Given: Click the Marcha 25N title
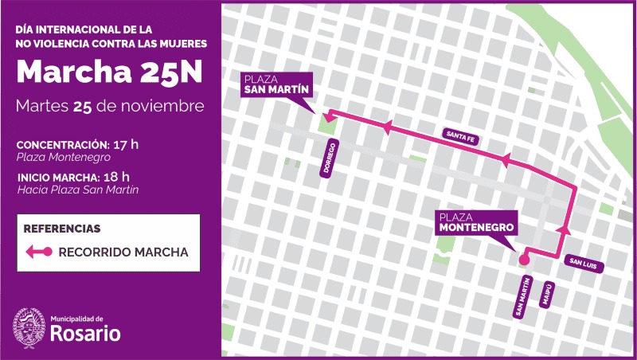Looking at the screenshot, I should (x=110, y=72).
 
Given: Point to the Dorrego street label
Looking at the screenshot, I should (x=327, y=159).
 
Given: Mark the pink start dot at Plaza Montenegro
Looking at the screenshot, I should (x=524, y=259).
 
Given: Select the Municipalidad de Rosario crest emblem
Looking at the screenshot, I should (x=29, y=328).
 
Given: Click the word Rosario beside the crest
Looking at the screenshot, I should (x=85, y=334).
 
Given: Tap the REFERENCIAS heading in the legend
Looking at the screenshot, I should (x=62, y=229).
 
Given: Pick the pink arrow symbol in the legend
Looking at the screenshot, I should (x=39, y=252).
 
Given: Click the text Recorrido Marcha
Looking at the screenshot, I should (x=123, y=252).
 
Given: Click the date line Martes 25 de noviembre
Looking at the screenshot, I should (x=110, y=106).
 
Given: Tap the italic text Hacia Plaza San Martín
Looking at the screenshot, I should (x=78, y=190).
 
